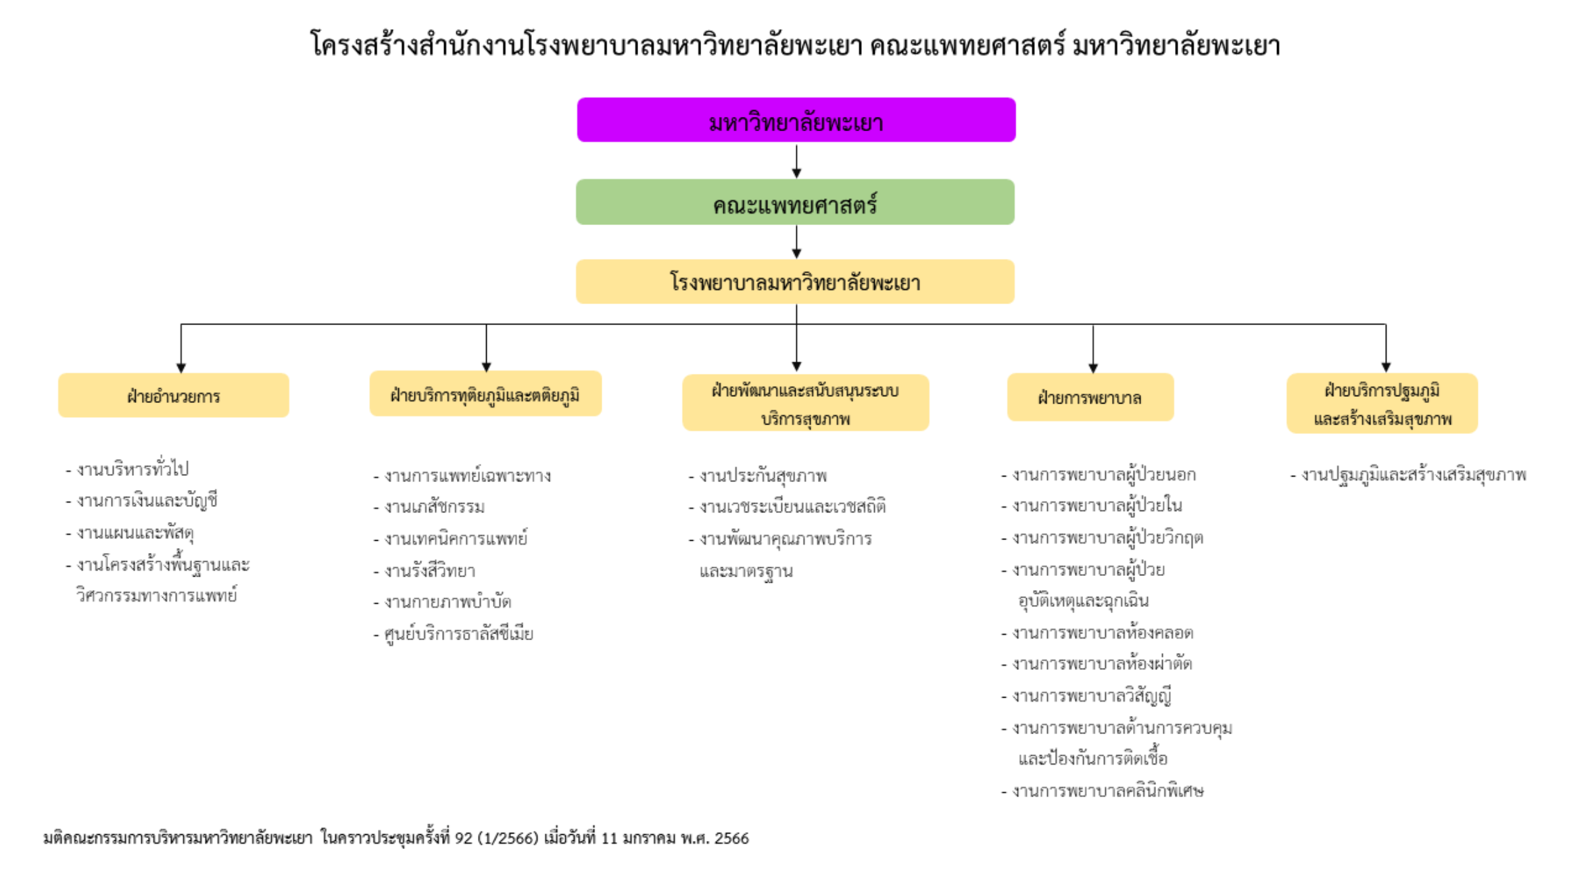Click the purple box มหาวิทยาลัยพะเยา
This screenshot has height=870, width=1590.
pyautogui.click(x=796, y=120)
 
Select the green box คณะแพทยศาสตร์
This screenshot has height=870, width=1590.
pyautogui.click(x=795, y=202)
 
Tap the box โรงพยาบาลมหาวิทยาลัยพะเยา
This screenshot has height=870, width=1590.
pyautogui.click(x=795, y=282)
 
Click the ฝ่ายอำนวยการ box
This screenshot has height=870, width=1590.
pyautogui.click(x=174, y=395)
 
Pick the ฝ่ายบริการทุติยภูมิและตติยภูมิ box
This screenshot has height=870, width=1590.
pyautogui.click(x=485, y=394)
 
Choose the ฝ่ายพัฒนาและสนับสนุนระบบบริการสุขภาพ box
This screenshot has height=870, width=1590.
pyautogui.click(x=805, y=403)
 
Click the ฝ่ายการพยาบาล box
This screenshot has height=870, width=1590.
pyautogui.click(x=1090, y=397)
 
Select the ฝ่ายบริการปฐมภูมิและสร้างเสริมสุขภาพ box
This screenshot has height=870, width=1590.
pyautogui.click(x=1382, y=404)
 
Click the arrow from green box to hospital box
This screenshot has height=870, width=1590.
pyautogui.click(x=796, y=242)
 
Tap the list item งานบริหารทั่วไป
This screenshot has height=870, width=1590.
pyautogui.click(x=132, y=468)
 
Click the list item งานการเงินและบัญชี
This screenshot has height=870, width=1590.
pyautogui.click(x=147, y=500)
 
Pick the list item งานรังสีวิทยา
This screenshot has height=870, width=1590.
pyautogui.click(x=429, y=571)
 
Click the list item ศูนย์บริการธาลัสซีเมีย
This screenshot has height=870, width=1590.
pyautogui.click(x=458, y=634)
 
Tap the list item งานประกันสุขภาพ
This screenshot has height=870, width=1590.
pyautogui.click(x=763, y=476)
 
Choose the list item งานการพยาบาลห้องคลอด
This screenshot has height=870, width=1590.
pyautogui.click(x=1102, y=633)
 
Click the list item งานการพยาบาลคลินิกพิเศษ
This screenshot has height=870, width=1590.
pyautogui.click(x=1107, y=790)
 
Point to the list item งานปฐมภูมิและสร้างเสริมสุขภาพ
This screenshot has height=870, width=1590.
pyautogui.click(x=1413, y=475)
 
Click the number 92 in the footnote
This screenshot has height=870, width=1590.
pyautogui.click(x=464, y=838)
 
